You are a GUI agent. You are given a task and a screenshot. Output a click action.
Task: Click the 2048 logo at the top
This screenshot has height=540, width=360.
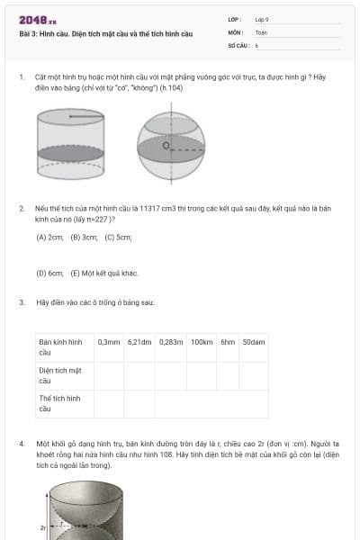tap(38, 20)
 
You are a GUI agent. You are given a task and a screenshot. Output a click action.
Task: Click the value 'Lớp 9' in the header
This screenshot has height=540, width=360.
tap(262, 18)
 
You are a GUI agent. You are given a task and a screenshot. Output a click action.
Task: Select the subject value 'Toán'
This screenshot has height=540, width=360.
tap(261, 31)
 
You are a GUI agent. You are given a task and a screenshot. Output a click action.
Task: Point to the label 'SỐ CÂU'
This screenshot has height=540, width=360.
tap(238, 44)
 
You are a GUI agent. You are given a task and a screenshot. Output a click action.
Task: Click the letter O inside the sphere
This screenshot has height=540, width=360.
tap(166, 144)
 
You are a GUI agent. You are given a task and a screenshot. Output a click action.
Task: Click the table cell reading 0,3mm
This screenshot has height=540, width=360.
tap(109, 342)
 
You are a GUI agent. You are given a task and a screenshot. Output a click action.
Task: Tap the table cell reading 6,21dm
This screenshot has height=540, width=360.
tap(140, 342)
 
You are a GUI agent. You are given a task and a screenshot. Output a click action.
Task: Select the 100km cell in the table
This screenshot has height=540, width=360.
tap(202, 342)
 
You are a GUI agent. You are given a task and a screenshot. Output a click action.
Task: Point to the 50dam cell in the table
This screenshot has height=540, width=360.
tap(254, 342)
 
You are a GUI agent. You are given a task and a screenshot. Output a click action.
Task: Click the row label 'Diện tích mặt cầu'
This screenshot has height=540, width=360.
tap(60, 374)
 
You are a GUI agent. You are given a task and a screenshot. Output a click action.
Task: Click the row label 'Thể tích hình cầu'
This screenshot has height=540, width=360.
tap(59, 402)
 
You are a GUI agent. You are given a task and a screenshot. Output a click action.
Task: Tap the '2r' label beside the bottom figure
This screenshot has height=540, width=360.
tap(41, 526)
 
